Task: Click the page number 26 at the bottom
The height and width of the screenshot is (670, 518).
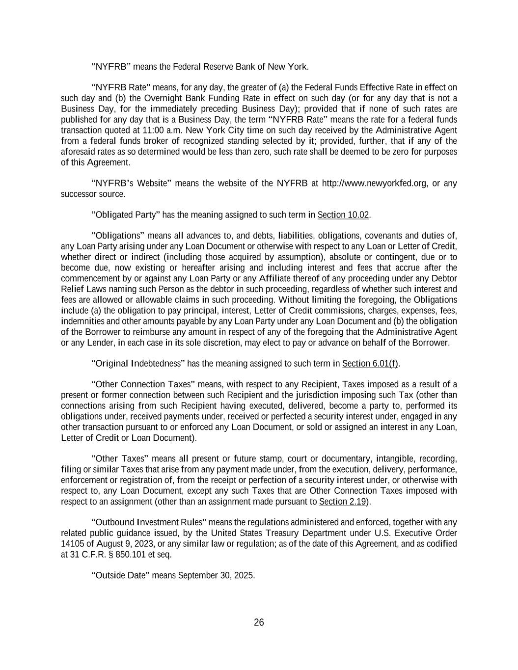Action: [259, 622]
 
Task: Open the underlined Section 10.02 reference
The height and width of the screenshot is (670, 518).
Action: [343, 214]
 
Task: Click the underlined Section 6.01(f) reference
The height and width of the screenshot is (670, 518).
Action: [370, 363]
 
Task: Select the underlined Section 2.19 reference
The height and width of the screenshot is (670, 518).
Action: [343, 501]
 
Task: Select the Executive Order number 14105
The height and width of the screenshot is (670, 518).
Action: [72, 544]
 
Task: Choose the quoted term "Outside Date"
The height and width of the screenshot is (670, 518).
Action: [121, 575]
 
